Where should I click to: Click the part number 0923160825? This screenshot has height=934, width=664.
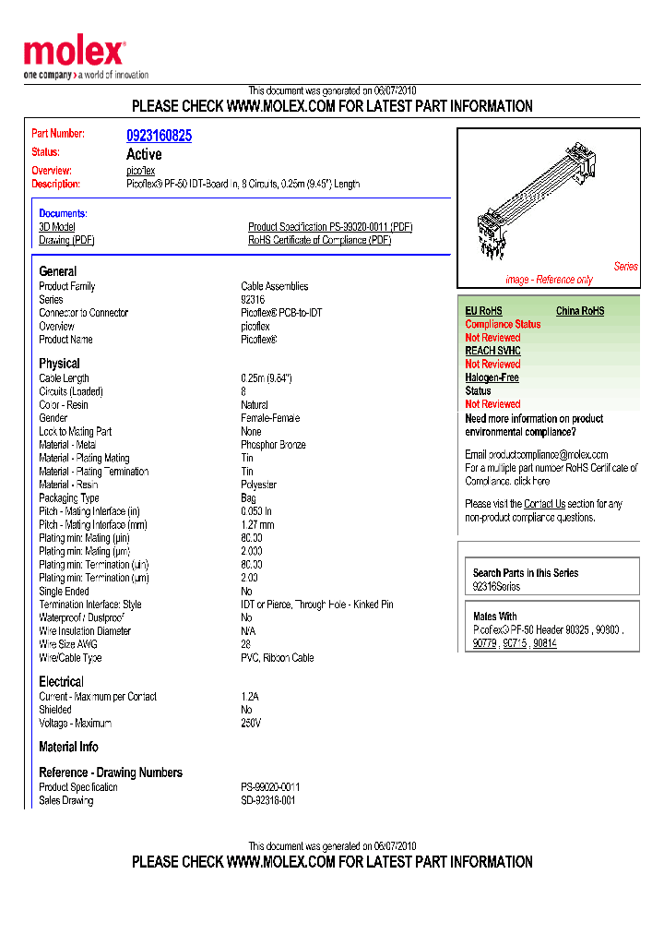159,136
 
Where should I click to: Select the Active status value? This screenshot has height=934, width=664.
144,154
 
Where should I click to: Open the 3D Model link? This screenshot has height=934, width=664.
57,227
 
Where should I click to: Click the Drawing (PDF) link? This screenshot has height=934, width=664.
66,241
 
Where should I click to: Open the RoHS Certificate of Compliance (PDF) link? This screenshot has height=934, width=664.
319,241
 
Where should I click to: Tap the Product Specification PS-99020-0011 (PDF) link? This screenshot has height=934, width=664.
329,227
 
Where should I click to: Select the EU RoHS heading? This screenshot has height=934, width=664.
483,311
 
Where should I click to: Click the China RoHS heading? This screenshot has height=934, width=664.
580,311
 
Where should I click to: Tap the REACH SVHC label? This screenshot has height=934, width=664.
492,351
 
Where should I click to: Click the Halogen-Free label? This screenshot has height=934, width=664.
492,377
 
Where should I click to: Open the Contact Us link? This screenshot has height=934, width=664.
544,504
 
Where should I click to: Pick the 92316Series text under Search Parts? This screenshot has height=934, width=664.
496,587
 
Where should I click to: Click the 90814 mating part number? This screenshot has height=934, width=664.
545,643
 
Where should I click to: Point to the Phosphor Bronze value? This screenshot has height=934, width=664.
273,445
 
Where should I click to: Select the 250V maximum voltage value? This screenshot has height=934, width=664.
251,723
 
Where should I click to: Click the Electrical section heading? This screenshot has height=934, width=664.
61,682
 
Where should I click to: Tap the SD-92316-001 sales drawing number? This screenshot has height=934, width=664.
268,800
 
